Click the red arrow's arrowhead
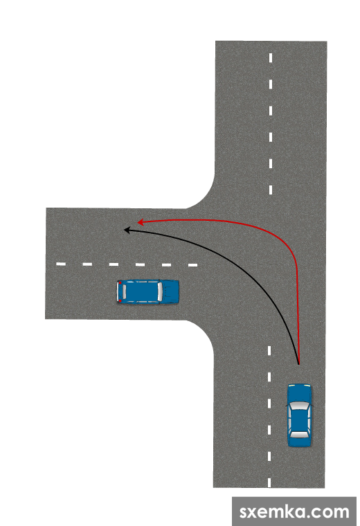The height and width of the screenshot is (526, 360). (141, 222)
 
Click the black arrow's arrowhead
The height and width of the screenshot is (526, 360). (127, 230)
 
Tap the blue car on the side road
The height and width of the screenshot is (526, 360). (148, 292)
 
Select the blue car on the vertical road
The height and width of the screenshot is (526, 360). (300, 415)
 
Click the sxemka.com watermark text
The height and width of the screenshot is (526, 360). (294, 512)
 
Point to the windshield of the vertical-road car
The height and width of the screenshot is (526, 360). (300, 406)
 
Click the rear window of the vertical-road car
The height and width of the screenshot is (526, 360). (300, 435)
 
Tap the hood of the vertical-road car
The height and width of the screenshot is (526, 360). (300, 393)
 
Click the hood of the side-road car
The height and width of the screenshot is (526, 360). (171, 292)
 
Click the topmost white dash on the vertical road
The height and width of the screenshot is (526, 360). (271, 57)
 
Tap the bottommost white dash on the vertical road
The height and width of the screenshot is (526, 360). (269, 482)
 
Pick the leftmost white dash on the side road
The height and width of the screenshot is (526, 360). (61, 264)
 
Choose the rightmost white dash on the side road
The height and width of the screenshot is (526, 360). (193, 265)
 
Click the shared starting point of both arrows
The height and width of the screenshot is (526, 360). (298, 363)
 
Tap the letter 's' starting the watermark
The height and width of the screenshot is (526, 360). (244, 513)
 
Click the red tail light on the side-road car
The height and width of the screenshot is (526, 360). (120, 283)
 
